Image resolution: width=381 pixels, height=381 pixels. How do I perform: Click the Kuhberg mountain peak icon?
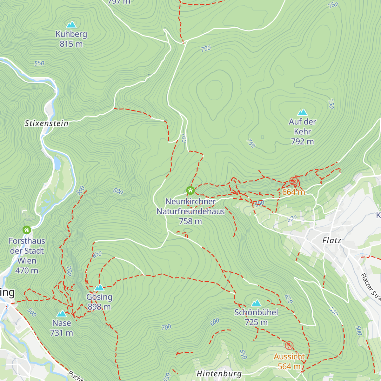tap(71, 25)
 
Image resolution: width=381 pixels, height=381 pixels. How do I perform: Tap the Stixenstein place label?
tap(46, 123)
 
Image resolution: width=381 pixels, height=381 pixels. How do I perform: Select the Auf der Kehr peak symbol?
tap(302, 112)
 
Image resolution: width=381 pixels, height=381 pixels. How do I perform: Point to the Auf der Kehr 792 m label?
tap(302, 131)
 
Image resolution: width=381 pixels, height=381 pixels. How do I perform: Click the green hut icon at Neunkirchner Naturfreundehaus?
tap(190, 190)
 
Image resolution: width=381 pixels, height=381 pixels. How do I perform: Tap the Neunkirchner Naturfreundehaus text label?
tap(190, 211)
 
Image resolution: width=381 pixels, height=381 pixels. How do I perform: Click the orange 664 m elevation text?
tap(293, 192)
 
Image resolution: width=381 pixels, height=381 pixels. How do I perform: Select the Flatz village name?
tap(332, 240)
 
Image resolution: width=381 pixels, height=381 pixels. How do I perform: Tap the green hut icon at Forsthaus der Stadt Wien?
tap(27, 230)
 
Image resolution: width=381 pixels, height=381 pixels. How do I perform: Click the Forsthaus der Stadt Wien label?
tap(27, 256)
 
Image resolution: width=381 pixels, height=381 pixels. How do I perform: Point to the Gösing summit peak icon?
tap(99, 288)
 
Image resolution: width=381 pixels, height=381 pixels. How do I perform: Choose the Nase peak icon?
tap(61, 314)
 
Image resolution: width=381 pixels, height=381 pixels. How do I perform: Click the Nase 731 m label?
tap(62, 328)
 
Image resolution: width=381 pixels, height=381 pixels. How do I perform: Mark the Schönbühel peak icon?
tap(256, 303)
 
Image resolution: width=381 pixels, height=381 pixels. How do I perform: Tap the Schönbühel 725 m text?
tap(256, 317)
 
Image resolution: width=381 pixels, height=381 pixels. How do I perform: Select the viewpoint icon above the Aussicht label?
tap(289, 345)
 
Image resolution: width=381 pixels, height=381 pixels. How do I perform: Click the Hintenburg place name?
tap(219, 374)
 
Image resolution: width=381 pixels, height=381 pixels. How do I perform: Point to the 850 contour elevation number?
tap(97, 254)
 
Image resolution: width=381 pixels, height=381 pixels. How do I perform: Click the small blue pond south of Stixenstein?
tap(57, 163)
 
